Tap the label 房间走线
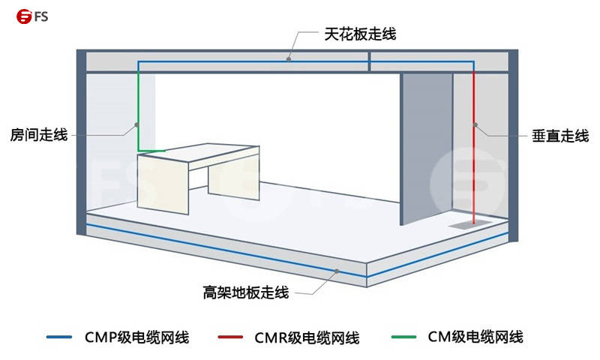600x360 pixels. [39, 135]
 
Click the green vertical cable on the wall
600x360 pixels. [138, 112]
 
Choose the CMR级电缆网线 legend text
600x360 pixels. [307, 337]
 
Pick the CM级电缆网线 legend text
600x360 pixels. [474, 337]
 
